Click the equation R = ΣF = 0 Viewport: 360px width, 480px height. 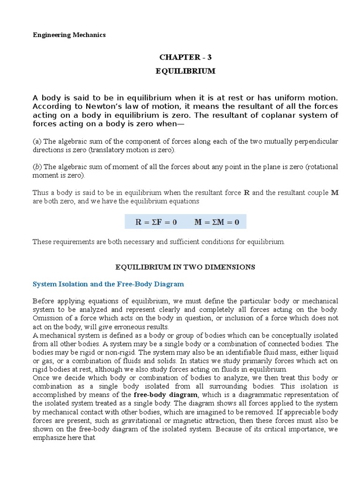pos(156,222)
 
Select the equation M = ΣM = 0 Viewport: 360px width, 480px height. pos(217,222)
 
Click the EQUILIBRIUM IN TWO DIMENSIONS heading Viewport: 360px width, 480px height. pos(185,267)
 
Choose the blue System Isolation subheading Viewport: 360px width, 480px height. pos(108,284)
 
